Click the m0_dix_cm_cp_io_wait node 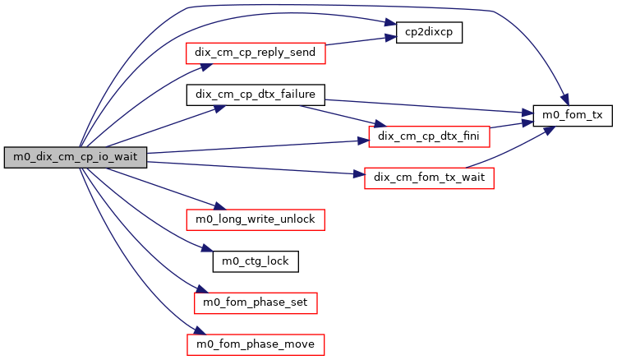pyautogui.click(x=75, y=158)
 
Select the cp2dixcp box pyautogui.click(x=429, y=33)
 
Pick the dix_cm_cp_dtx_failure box pyautogui.click(x=256, y=94)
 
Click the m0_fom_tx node pyautogui.click(x=573, y=116)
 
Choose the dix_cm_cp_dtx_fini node pyautogui.click(x=429, y=134)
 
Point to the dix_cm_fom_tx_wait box pyautogui.click(x=428, y=178)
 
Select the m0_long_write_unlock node pyautogui.click(x=256, y=219)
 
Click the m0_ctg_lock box pyautogui.click(x=255, y=261)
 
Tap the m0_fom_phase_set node pyautogui.click(x=255, y=302)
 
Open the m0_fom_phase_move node pyautogui.click(x=256, y=344)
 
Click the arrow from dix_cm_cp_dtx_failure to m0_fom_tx pyautogui.click(x=427, y=107)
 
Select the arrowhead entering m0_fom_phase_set pyautogui.click(x=200, y=292)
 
